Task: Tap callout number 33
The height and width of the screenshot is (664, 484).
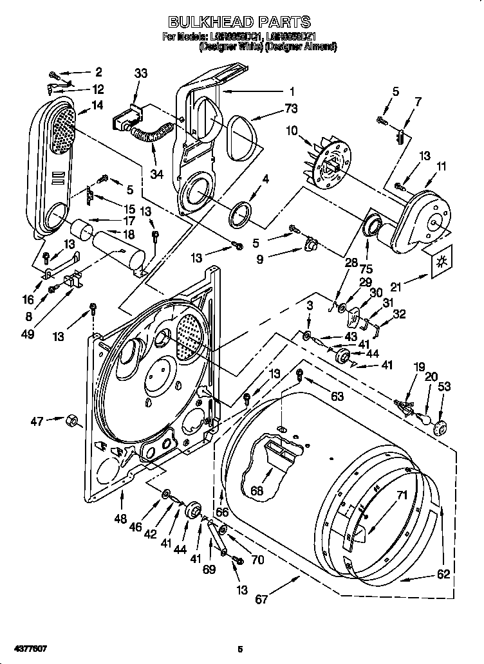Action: [140, 74]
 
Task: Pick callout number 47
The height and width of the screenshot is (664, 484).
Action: [37, 421]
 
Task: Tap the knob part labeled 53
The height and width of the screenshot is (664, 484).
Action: [441, 428]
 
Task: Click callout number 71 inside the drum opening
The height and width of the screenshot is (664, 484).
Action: [402, 495]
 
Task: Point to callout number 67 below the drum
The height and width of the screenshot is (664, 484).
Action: [261, 600]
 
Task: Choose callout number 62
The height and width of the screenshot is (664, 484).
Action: [443, 575]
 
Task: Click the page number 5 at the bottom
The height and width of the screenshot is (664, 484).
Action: [239, 649]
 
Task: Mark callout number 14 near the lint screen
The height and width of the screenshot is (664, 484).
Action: [97, 106]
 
